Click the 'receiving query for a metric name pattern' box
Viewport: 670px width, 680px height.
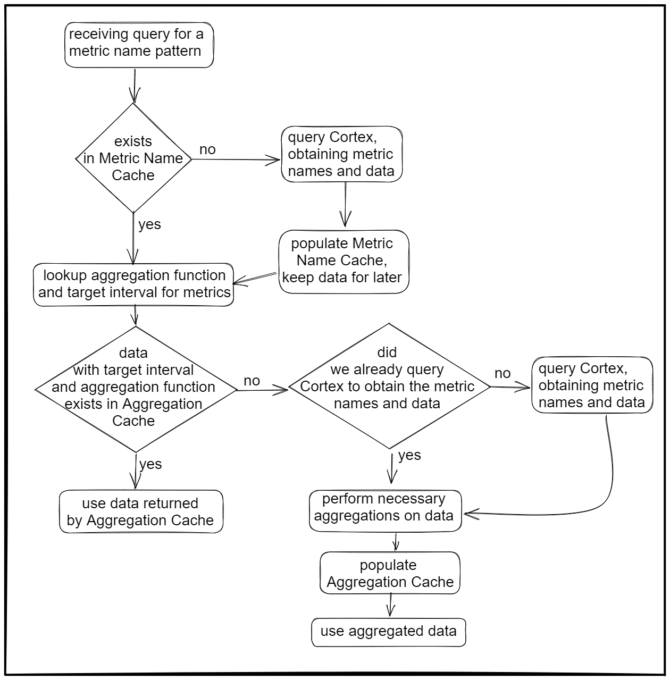point(139,45)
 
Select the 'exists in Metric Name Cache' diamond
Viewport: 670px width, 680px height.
point(133,158)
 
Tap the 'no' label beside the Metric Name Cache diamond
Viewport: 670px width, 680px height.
point(207,149)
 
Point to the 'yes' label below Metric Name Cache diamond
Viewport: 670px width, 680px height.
point(149,224)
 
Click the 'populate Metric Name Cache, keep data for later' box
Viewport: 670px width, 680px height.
point(344,261)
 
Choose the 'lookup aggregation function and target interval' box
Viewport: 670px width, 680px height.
point(133,284)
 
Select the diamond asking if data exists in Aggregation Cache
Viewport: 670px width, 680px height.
point(135,388)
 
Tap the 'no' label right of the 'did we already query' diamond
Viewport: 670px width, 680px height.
point(502,373)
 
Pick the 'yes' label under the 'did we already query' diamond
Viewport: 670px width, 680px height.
point(409,455)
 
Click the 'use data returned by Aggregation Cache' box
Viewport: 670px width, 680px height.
point(141,511)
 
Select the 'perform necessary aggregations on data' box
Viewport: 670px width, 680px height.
point(385,510)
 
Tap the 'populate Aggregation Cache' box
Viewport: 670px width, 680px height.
point(390,573)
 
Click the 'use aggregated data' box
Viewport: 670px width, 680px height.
point(388,632)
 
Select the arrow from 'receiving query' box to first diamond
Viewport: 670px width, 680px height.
point(135,85)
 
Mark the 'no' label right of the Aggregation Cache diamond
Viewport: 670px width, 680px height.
point(252,381)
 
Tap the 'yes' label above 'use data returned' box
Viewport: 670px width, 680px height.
point(150,464)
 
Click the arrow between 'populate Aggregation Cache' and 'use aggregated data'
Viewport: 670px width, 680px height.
point(391,605)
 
